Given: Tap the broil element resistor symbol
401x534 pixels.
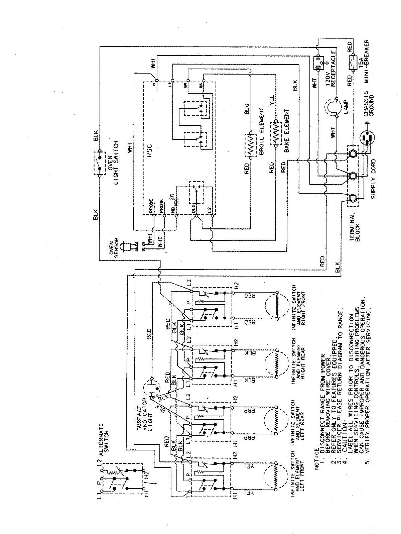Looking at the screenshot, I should tap(250, 145).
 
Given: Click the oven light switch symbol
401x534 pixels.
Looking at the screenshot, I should tap(100, 163).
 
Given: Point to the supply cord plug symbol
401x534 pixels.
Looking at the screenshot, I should tap(367, 139).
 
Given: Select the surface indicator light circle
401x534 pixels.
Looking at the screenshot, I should tap(152, 389).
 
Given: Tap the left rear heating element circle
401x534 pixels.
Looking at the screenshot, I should tap(276, 421).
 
